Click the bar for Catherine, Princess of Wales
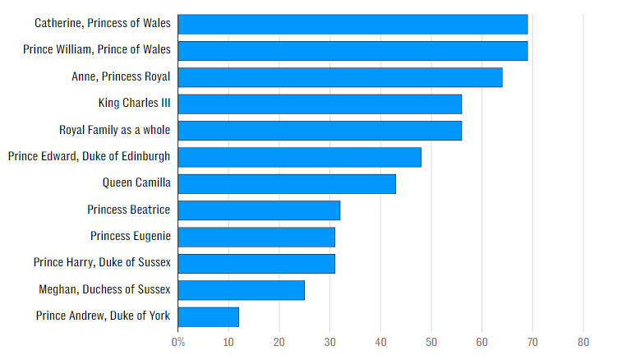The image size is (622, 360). [x=352, y=25]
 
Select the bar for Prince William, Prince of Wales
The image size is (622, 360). [x=352, y=51]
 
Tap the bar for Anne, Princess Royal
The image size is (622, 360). [x=339, y=77]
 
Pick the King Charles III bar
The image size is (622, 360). [x=320, y=104]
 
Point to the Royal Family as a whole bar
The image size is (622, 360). [x=320, y=131]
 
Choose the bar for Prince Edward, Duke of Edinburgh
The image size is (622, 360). [x=299, y=157]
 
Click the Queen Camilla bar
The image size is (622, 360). [x=287, y=183]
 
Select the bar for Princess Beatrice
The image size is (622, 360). [x=259, y=210]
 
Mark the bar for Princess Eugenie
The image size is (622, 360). [x=256, y=237]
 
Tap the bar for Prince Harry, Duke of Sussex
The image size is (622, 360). [x=256, y=263]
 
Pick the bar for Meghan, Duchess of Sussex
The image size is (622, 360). [x=241, y=290]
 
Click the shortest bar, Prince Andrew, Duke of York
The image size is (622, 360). [x=208, y=316]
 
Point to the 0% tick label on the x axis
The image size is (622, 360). [x=177, y=342]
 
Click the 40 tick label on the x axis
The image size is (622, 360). [x=380, y=342]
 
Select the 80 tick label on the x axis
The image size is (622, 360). [x=583, y=342]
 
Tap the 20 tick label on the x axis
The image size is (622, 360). [x=279, y=342]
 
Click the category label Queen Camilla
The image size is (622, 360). [x=136, y=183]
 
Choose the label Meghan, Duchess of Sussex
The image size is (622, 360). [x=104, y=289]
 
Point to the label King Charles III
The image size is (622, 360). [x=134, y=104]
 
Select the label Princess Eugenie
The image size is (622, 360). [x=131, y=237]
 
